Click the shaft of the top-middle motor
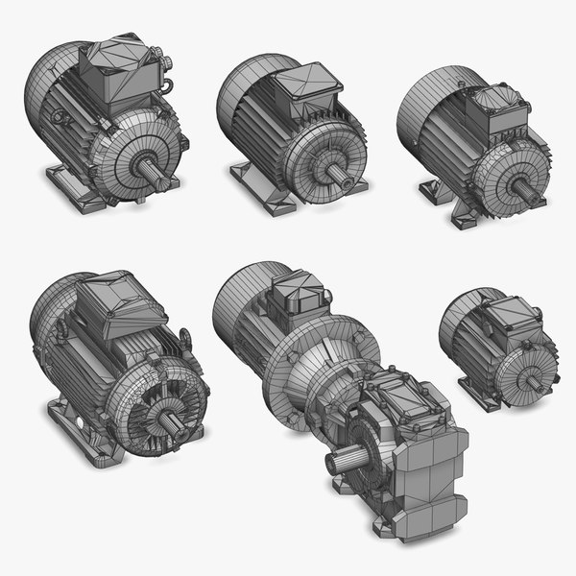(x=338, y=173)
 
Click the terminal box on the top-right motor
(x=495, y=108)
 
